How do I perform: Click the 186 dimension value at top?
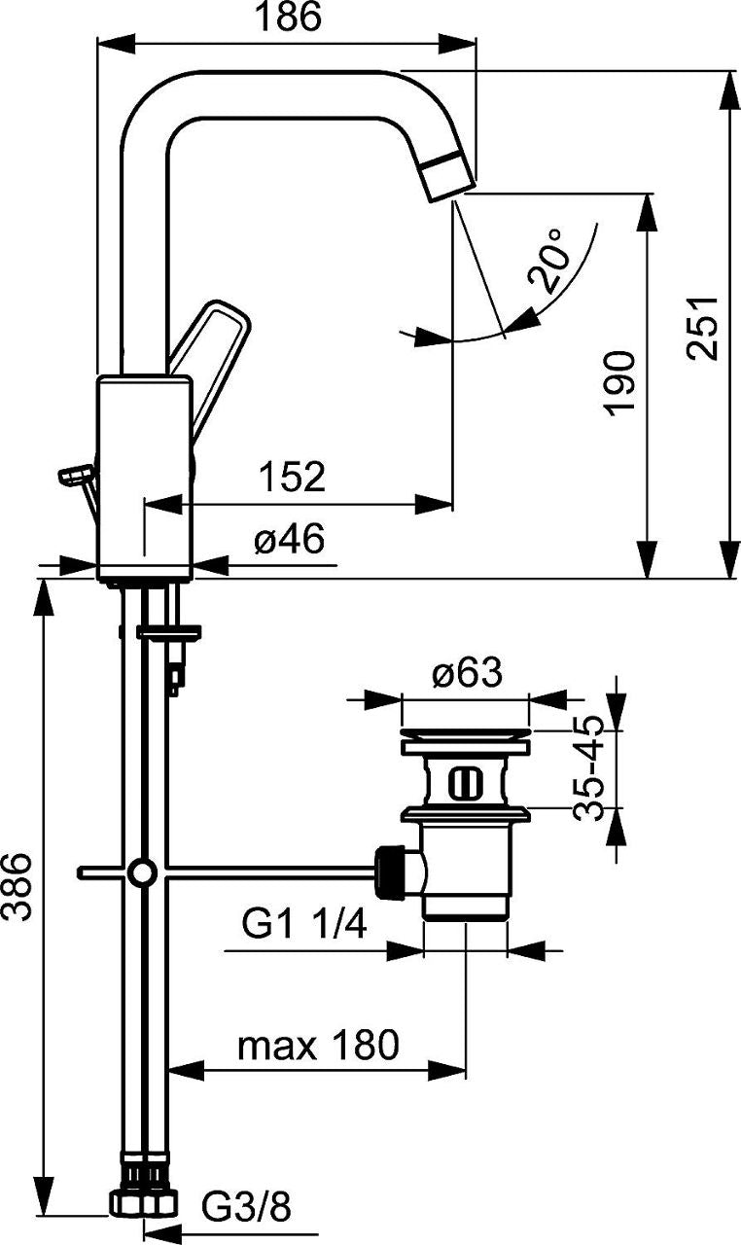click(288, 17)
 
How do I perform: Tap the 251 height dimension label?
click(702, 329)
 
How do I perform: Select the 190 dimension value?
click(619, 383)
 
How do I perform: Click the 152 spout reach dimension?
click(292, 477)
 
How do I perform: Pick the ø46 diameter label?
click(289, 539)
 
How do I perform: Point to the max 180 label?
click(318, 1045)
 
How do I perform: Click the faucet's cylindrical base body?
click(145, 479)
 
